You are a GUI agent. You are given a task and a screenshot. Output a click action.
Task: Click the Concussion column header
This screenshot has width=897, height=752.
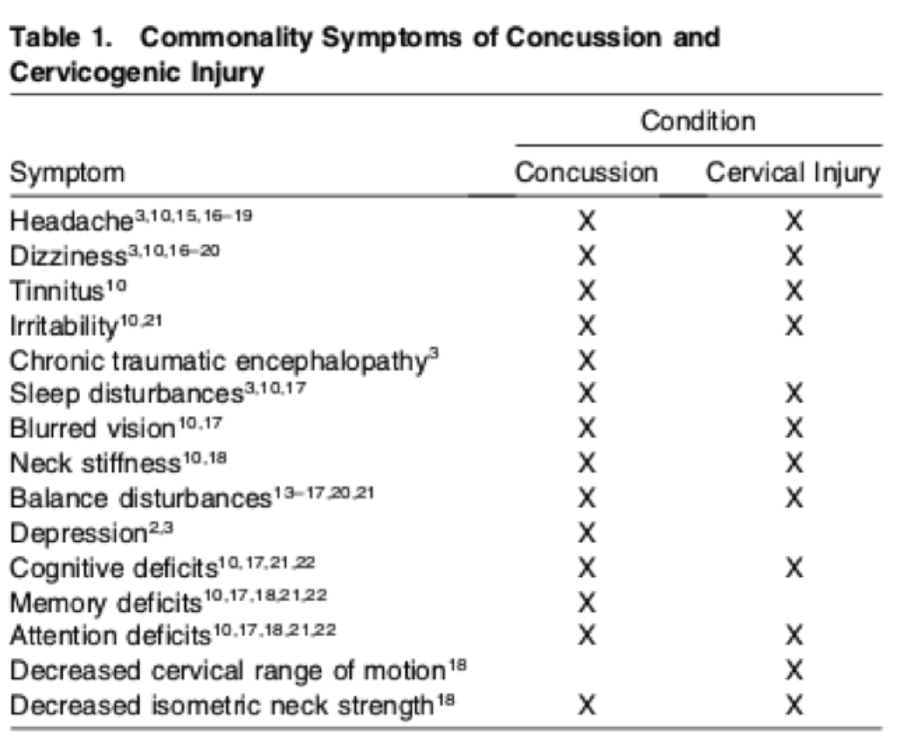[x=587, y=172]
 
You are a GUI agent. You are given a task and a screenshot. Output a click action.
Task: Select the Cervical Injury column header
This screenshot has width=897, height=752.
[x=793, y=173]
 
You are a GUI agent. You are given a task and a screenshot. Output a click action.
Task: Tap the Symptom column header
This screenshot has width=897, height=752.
[x=67, y=173]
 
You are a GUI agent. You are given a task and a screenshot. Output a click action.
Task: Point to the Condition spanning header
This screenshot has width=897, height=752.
[x=698, y=121]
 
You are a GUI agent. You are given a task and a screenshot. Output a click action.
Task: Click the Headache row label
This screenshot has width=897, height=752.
[x=72, y=221]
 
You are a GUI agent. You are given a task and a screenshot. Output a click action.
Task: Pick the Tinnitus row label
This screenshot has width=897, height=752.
[x=57, y=291]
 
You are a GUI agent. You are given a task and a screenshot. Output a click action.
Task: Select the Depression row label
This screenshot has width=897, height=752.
[x=78, y=533]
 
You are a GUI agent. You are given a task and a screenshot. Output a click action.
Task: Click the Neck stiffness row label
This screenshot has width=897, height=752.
[x=96, y=463]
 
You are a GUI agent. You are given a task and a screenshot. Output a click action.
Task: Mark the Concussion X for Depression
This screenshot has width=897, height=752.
[x=587, y=533]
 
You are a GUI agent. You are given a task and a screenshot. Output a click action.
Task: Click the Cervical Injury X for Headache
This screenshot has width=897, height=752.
[x=794, y=221]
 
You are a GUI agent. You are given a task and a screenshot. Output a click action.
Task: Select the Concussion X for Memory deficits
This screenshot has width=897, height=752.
[x=587, y=603]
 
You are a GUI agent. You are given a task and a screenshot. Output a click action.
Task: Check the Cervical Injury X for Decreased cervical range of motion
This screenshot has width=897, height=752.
[x=794, y=670]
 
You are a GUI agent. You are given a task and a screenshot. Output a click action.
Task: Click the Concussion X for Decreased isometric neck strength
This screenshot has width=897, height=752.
[x=587, y=705]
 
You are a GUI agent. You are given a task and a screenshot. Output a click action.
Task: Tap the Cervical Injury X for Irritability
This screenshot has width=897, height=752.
[x=794, y=326]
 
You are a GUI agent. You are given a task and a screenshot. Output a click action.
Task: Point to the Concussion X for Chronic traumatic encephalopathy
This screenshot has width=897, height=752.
[x=587, y=361]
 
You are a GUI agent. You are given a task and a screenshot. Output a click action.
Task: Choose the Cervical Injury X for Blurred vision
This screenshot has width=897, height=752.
[x=794, y=428]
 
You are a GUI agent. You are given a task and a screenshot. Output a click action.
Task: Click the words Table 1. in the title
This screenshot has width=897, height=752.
[x=61, y=38]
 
